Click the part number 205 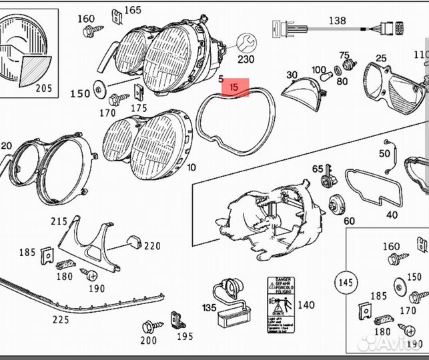(43, 87)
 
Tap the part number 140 (306, 305)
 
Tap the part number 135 (209, 308)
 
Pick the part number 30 (292, 75)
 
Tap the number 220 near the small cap (152, 246)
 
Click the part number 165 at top (133, 10)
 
